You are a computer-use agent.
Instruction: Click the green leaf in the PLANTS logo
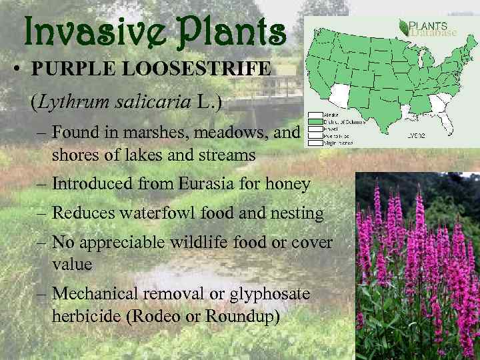(x=403, y=27)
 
